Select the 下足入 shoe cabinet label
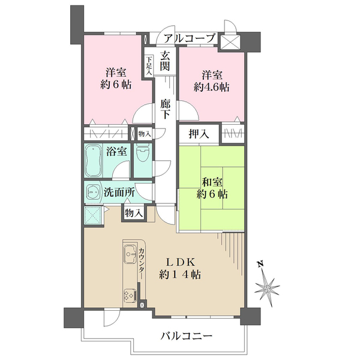(149, 64)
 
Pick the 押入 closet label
(200, 134)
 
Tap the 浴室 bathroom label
(116, 151)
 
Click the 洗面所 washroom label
(119, 193)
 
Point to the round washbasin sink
(93, 193)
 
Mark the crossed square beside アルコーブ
(230, 41)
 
